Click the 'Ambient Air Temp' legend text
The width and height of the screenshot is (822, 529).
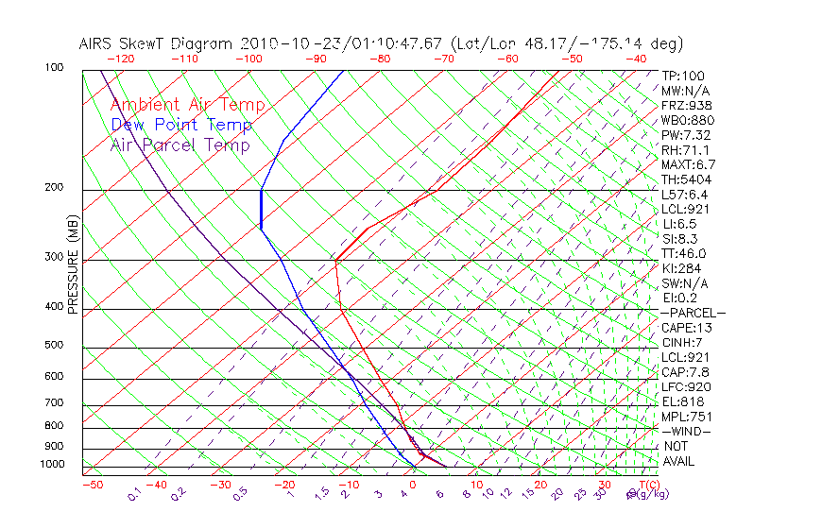[x=187, y=105]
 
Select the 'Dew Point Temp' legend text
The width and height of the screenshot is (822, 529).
[x=180, y=125]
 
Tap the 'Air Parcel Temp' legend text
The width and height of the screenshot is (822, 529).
[x=180, y=145]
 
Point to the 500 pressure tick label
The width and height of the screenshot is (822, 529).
[x=53, y=345]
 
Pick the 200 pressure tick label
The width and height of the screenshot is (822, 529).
[x=53, y=187]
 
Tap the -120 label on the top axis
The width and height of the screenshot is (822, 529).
[x=120, y=59]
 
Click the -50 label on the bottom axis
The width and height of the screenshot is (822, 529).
[x=92, y=485]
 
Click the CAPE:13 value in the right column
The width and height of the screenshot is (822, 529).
[x=686, y=328]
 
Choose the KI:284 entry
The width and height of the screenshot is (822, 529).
[x=683, y=268]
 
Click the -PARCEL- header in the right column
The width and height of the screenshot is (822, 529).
[x=693, y=313]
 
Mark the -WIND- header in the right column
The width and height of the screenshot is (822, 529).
[x=687, y=432]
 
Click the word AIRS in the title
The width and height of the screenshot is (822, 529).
[x=97, y=43]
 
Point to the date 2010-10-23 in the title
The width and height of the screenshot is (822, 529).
[x=280, y=43]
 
